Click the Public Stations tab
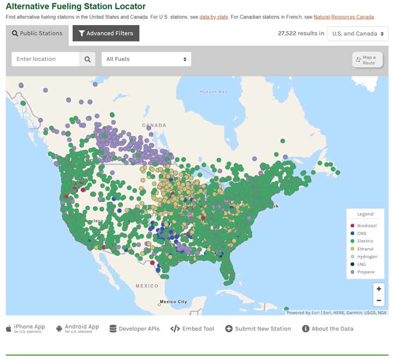[37, 33]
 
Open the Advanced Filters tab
[106, 33]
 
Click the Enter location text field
[45, 59]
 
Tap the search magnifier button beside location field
[87, 59]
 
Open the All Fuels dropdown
[146, 59]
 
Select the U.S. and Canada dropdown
[358, 33]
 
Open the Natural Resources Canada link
[343, 17]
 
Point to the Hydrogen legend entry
[367, 256]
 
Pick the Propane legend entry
[366, 272]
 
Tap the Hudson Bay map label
[213, 92]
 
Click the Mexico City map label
[173, 302]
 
